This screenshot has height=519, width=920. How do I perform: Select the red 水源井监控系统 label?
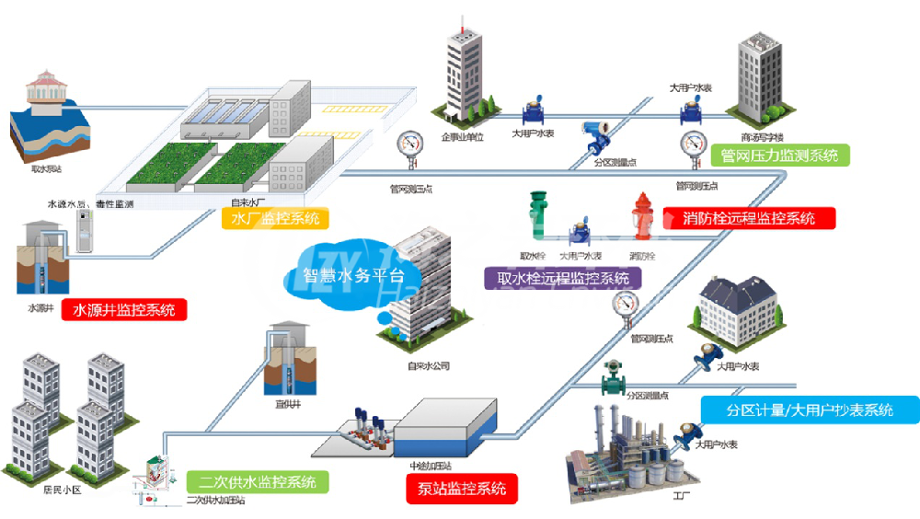coord(123,310)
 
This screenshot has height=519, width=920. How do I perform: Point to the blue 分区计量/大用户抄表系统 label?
coord(809,410)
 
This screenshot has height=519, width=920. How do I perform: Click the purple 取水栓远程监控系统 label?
coord(563,277)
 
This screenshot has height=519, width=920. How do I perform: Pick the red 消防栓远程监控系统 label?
coord(749,218)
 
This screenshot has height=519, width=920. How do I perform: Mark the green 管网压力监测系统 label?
coord(780,156)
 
